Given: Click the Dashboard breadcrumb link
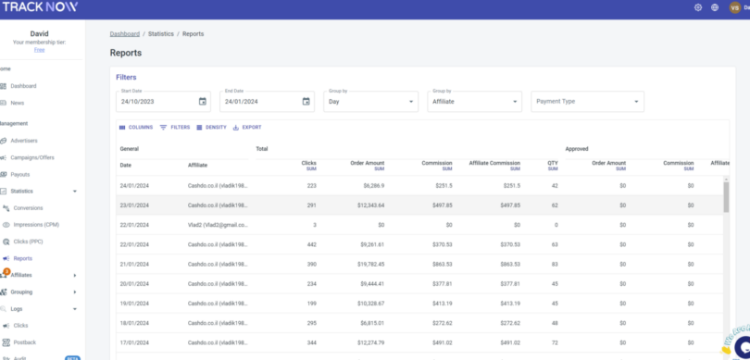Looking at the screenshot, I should point(124,33).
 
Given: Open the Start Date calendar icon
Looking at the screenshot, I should point(203,101).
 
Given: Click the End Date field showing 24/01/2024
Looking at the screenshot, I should point(259,101).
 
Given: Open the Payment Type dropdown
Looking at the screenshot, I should point(587,101).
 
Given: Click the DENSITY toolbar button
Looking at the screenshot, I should point(211,127).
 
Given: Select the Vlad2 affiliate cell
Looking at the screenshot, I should point(218,225).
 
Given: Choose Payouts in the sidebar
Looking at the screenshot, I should point(20,174).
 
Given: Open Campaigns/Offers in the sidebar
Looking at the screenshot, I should point(31,157).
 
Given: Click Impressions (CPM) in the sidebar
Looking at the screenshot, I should point(37,224).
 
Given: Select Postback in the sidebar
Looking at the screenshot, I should point(24,341).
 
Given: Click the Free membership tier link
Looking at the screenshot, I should point(39,50).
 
